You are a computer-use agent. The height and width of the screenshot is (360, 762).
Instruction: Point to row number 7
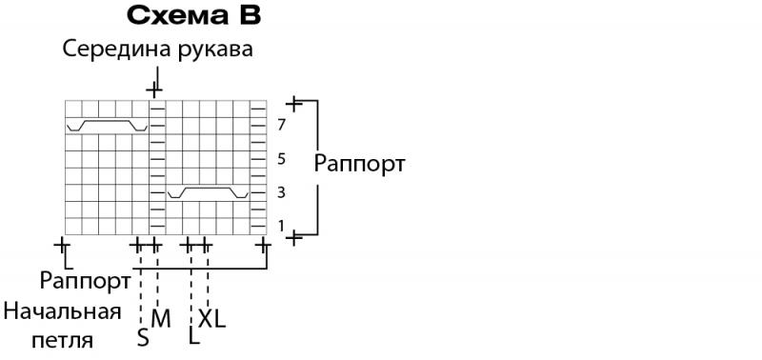pyautogui.click(x=281, y=126)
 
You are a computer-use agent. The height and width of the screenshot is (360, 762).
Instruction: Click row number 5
pyautogui.click(x=281, y=159)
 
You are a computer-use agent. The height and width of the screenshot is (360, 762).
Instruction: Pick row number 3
pyautogui.click(x=281, y=193)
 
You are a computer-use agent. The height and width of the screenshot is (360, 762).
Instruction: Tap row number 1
pyautogui.click(x=281, y=226)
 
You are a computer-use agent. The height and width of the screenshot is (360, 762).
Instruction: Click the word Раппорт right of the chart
pyautogui.click(x=359, y=164)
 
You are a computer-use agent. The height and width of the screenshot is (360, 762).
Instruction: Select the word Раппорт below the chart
pyautogui.click(x=85, y=281)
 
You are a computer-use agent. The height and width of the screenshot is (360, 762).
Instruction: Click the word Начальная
pyautogui.click(x=62, y=311)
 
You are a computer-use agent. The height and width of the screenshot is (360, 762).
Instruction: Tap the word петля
pyautogui.click(x=62, y=341)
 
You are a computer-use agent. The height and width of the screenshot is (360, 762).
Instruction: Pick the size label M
pyautogui.click(x=161, y=319)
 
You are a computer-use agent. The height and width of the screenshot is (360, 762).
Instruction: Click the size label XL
pyautogui.click(x=211, y=319)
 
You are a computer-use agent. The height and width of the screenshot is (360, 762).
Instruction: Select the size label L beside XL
pyautogui.click(x=194, y=336)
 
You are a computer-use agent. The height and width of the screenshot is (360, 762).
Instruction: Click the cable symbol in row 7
pyautogui.click(x=107, y=121)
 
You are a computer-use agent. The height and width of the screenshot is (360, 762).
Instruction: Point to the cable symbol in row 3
pyautogui.click(x=208, y=188)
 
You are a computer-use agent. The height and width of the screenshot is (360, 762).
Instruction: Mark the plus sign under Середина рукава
pyautogui.click(x=154, y=90)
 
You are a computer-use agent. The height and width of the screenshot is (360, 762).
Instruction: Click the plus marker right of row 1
pyautogui.click(x=293, y=238)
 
